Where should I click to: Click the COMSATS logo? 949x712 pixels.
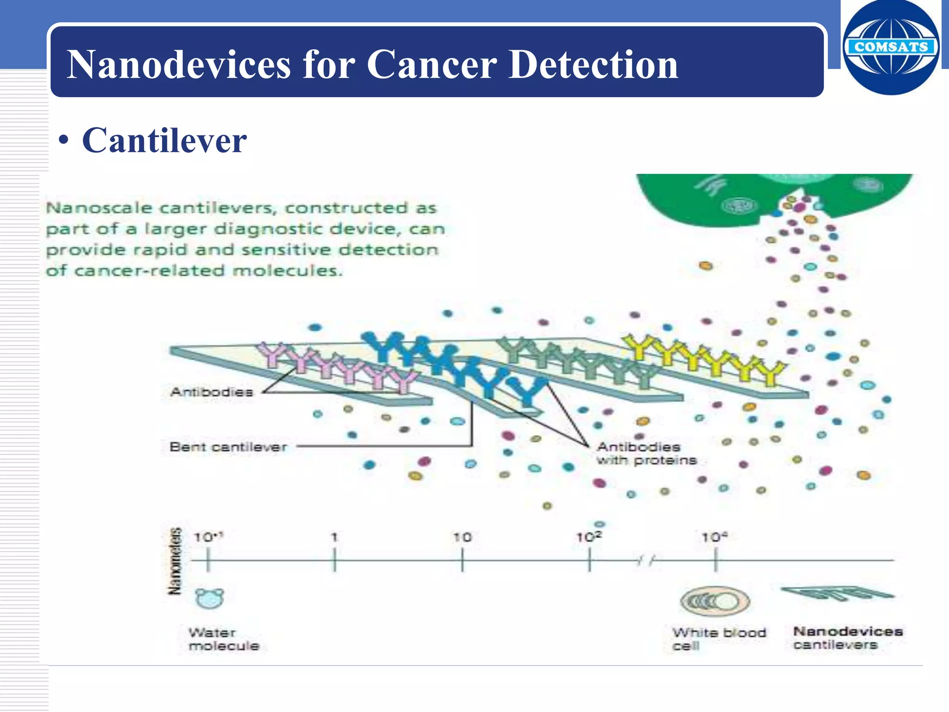(x=891, y=47)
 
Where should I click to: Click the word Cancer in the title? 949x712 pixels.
(x=431, y=65)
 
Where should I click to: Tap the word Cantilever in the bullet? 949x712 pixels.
(x=164, y=141)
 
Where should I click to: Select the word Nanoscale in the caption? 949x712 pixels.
(x=99, y=208)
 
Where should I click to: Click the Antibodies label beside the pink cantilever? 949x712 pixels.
(x=212, y=392)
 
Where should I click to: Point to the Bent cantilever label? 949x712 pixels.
(x=228, y=447)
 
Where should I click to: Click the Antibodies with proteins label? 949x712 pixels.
(x=646, y=453)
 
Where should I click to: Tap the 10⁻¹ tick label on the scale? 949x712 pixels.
(x=208, y=537)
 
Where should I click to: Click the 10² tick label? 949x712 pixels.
(x=588, y=537)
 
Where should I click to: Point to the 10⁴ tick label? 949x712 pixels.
(x=714, y=537)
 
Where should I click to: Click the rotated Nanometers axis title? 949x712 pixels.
(x=175, y=561)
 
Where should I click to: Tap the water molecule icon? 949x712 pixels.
(x=209, y=598)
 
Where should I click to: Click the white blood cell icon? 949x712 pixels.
(x=715, y=601)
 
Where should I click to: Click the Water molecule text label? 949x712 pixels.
(x=223, y=639)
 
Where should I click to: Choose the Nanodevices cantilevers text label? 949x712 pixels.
(x=847, y=638)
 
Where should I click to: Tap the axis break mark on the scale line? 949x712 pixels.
(x=645, y=561)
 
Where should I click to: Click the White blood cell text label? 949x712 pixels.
(x=718, y=639)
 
